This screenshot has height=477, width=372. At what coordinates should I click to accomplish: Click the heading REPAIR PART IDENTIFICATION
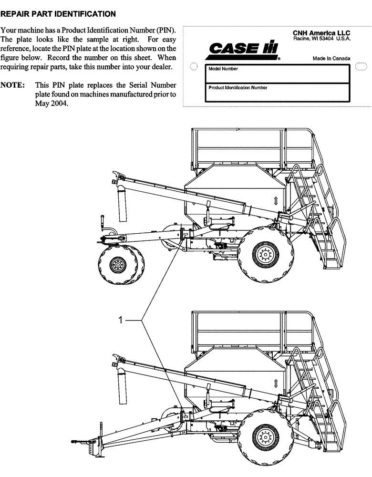[58, 14]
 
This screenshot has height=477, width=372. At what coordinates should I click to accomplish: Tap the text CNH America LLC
[321, 32]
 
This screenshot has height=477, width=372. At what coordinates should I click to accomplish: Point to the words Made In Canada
[331, 58]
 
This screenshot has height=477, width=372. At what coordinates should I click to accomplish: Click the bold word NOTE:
[13, 85]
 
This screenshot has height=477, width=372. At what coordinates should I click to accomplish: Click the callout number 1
[121, 321]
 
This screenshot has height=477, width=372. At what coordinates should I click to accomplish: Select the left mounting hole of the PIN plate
[193, 67]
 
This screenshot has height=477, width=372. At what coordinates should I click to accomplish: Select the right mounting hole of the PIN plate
[361, 67]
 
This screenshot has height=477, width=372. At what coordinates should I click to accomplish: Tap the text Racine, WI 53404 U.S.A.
[322, 38]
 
